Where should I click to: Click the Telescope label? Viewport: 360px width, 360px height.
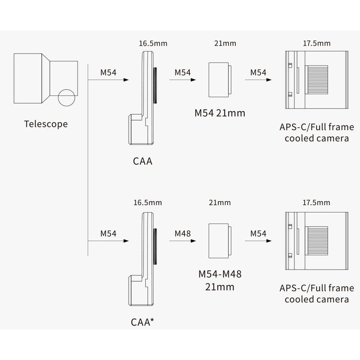pyautogui.click(x=45, y=123)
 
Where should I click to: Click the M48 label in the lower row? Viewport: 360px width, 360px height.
pyautogui.click(x=182, y=234)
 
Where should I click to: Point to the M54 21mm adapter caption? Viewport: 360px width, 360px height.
pyautogui.click(x=220, y=113)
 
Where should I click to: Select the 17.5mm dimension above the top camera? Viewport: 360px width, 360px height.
pyautogui.click(x=318, y=44)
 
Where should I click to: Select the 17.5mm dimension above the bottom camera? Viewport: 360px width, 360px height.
pyautogui.click(x=318, y=203)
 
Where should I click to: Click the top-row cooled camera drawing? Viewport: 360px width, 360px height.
pyautogui.click(x=318, y=80)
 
